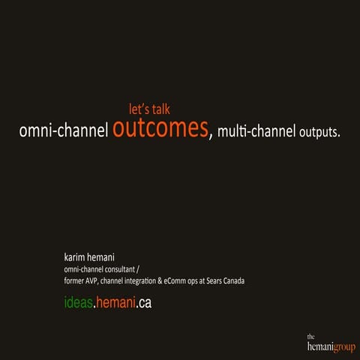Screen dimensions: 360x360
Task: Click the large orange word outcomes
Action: tap(160, 129)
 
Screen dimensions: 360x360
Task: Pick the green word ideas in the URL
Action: tap(78, 303)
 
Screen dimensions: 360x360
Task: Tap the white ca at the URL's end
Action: tap(145, 303)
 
